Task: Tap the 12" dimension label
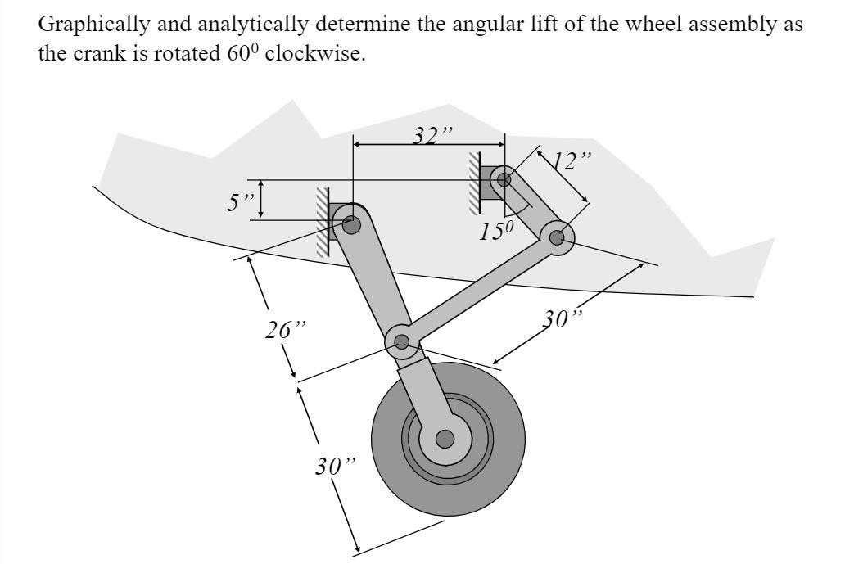pyautogui.click(x=570, y=160)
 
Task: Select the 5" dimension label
pyautogui.click(x=241, y=201)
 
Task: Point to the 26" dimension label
pyautogui.click(x=285, y=330)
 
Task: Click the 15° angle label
pyautogui.click(x=496, y=231)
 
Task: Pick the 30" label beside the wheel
pyautogui.click(x=337, y=467)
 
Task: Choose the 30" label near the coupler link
pyautogui.click(x=565, y=318)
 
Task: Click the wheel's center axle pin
pyautogui.click(x=445, y=440)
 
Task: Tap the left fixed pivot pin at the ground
pyautogui.click(x=351, y=223)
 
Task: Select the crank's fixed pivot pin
pyautogui.click(x=504, y=178)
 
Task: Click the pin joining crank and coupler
pyautogui.click(x=557, y=238)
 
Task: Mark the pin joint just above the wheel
pyautogui.click(x=402, y=341)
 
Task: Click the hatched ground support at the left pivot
pyautogui.click(x=323, y=223)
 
